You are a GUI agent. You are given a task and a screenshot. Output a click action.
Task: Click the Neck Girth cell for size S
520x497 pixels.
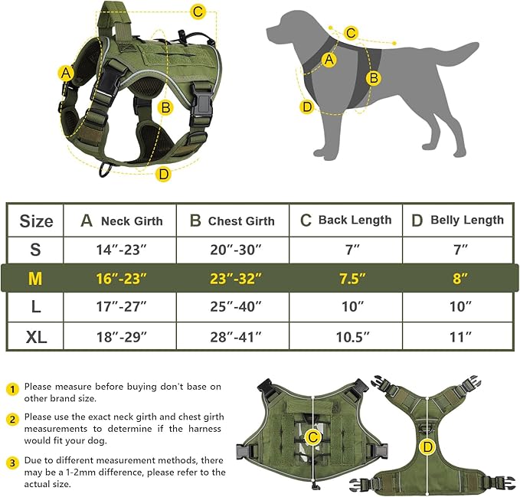(x=120, y=250)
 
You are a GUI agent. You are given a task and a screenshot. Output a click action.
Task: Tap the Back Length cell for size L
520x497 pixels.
(x=345, y=307)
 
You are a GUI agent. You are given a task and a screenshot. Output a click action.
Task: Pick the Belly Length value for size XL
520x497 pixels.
(x=458, y=335)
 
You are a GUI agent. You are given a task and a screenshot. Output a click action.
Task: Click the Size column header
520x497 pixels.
(x=36, y=221)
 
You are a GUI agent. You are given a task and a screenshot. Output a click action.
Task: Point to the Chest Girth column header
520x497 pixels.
(x=233, y=221)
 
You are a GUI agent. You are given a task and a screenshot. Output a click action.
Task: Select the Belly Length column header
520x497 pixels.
(x=458, y=221)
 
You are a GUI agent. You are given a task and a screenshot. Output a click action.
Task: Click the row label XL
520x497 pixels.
(x=36, y=335)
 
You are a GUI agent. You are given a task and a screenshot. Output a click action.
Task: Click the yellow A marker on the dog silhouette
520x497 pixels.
(x=330, y=59)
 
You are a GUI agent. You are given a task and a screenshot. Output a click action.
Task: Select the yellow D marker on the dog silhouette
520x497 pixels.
(x=307, y=106)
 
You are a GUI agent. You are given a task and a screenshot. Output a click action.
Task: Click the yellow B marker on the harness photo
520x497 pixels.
(x=165, y=107)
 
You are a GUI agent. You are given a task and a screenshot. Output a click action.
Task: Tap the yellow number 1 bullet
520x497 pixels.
(x=12, y=388)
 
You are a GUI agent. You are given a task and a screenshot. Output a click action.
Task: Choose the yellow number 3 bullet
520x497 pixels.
(x=12, y=462)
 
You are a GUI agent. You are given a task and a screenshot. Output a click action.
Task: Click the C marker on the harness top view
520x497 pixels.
(x=312, y=437)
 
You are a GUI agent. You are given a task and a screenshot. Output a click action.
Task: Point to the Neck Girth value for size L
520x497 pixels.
(x=120, y=307)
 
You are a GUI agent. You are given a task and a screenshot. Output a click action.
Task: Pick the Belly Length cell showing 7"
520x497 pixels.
(x=458, y=250)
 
